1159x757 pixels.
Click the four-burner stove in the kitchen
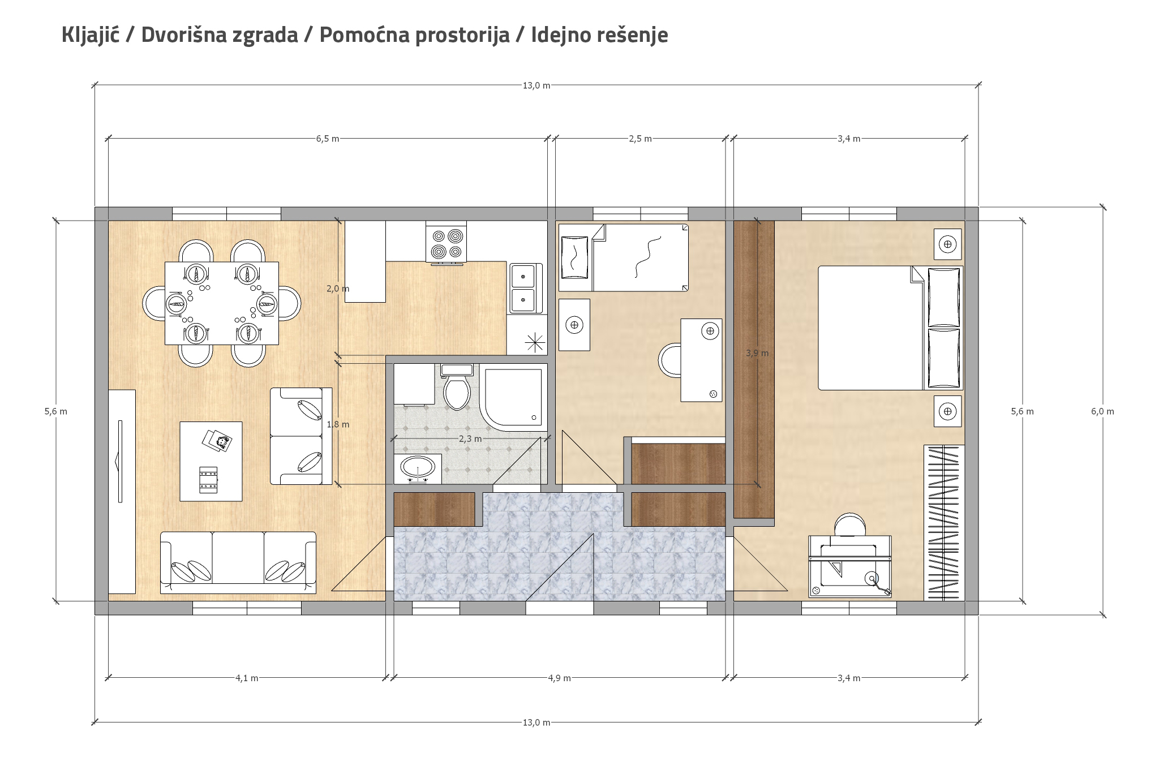click(447, 243)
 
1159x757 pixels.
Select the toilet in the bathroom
click(457, 388)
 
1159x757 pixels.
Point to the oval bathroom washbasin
click(418, 467)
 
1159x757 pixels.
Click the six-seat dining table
click(221, 303)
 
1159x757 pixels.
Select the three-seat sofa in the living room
click(238, 562)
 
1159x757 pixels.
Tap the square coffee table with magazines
click(211, 461)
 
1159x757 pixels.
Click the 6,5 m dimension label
click(328, 139)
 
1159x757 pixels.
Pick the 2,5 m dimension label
click(640, 139)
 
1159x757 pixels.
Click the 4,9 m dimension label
click(559, 678)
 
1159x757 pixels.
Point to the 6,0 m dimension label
click(1102, 411)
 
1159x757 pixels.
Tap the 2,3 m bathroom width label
click(470, 438)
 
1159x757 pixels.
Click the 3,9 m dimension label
click(757, 353)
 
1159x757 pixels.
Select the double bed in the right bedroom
click(890, 328)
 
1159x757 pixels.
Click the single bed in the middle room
click(624, 257)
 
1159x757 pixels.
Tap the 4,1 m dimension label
click(247, 678)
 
